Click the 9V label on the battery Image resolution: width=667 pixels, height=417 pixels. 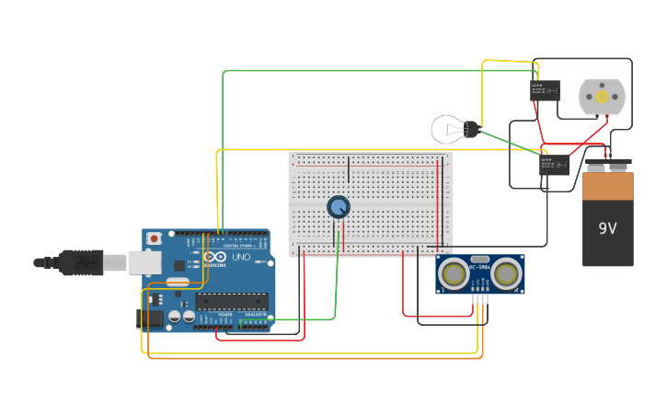607,228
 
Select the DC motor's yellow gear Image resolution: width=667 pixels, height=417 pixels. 602,96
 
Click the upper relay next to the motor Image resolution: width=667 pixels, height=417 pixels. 545,90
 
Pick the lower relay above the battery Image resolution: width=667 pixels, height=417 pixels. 554,165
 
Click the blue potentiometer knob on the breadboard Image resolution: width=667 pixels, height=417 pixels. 339,206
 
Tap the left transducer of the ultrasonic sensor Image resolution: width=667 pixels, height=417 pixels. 453,273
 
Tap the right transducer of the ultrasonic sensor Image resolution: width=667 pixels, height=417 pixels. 505,273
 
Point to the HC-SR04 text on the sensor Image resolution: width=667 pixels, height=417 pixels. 479,268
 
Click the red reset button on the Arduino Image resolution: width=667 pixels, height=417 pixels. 154,238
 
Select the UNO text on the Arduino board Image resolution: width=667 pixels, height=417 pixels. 240,258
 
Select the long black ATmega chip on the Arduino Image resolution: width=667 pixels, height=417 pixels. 232,300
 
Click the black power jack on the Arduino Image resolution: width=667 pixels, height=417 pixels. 150,319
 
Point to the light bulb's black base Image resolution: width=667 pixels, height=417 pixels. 472,129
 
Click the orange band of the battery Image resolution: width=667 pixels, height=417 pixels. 607,186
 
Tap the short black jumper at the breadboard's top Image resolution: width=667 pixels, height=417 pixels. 349,169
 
